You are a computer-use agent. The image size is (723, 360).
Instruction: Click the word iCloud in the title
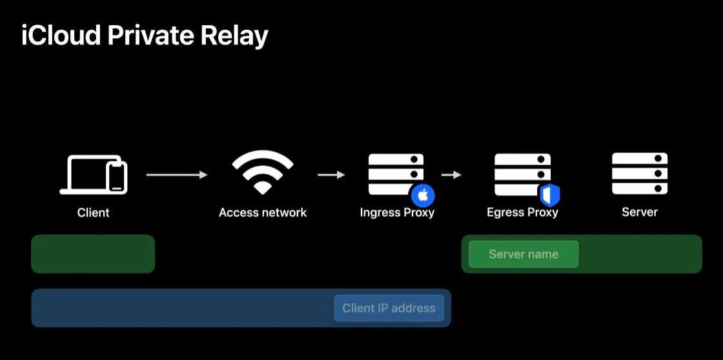pyautogui.click(x=61, y=35)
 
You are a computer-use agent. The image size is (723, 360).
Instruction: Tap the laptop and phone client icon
pyautogui.click(x=94, y=174)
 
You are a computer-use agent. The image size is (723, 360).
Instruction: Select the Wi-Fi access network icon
pyautogui.click(x=262, y=172)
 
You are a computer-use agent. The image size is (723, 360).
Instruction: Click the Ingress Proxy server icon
pyautogui.click(x=395, y=174)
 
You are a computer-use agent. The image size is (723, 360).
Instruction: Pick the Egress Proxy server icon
pyautogui.click(x=522, y=174)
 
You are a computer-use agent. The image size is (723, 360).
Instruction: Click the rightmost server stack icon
pyautogui.click(x=639, y=173)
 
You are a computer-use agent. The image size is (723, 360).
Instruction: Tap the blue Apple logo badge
pyautogui.click(x=423, y=195)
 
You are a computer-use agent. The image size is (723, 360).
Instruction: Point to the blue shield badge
pyautogui.click(x=549, y=195)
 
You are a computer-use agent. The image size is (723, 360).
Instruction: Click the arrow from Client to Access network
pyautogui.click(x=176, y=175)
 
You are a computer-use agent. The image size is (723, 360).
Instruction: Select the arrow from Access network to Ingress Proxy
pyautogui.click(x=331, y=175)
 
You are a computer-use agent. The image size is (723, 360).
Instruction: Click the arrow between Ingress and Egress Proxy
pyautogui.click(x=451, y=175)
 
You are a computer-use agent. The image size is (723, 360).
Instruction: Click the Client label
pyautogui.click(x=94, y=212)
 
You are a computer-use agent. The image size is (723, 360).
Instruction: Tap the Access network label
pyautogui.click(x=263, y=212)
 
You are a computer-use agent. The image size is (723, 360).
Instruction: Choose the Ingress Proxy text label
pyautogui.click(x=397, y=212)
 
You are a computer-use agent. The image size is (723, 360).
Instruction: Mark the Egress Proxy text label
pyautogui.click(x=522, y=212)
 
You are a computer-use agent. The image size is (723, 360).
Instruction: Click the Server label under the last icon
pyautogui.click(x=639, y=212)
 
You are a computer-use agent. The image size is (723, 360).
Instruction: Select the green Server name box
pyautogui.click(x=523, y=254)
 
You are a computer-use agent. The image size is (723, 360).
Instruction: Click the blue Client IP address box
pyautogui.click(x=389, y=308)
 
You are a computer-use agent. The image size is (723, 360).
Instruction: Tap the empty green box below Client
pyautogui.click(x=93, y=254)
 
